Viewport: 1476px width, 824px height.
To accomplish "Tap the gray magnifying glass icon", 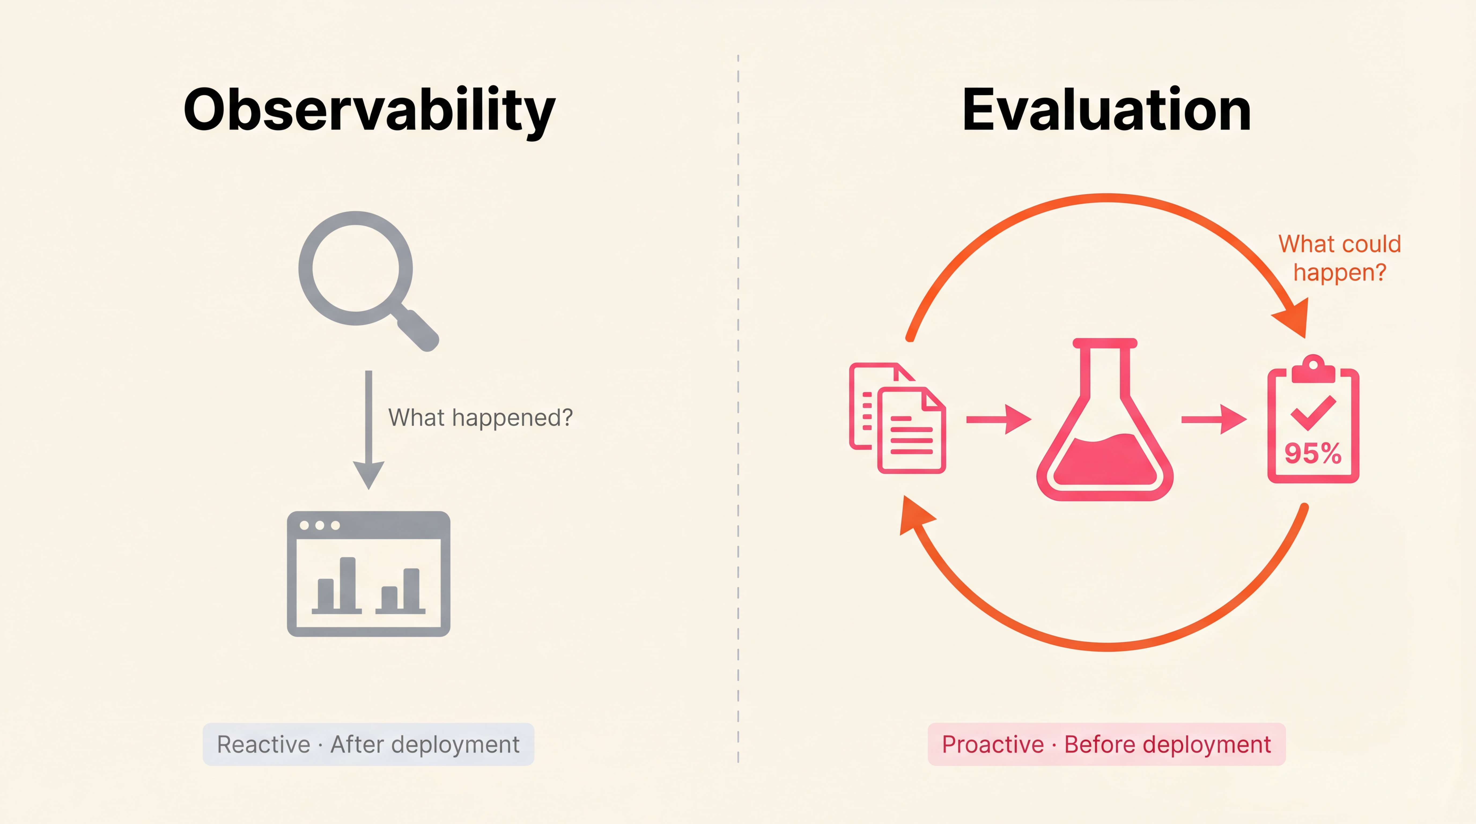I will tap(356, 268).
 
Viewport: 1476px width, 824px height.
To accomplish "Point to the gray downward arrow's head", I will tap(368, 474).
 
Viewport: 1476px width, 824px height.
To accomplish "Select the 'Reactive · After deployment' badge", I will tap(368, 744).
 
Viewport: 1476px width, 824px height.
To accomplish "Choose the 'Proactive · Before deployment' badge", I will tap(1106, 744).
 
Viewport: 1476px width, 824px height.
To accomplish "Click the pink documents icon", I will tap(897, 418).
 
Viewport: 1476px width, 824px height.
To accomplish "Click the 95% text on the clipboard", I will tap(1313, 453).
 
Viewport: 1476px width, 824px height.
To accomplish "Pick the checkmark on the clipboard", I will tap(1313, 413).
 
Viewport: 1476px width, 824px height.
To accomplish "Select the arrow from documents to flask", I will tap(999, 420).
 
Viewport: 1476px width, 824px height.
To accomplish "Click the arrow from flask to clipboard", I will tap(1213, 420).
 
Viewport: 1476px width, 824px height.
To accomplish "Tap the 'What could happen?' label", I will tap(1340, 258).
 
